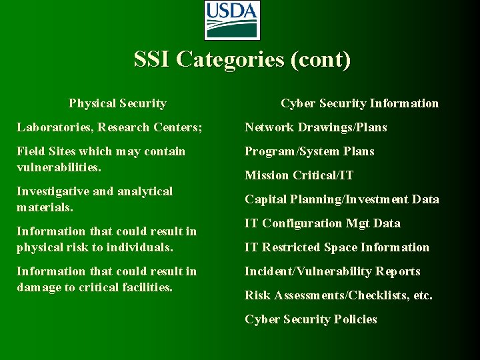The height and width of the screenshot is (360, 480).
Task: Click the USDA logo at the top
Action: tap(231, 20)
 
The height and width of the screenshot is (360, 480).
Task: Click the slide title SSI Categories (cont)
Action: tap(242, 59)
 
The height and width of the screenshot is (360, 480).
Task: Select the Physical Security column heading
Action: tap(117, 103)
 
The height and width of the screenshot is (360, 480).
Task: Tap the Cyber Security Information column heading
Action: tap(359, 103)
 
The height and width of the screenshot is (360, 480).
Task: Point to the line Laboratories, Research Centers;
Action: tap(109, 127)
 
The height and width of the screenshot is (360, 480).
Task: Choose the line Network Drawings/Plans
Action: tap(315, 127)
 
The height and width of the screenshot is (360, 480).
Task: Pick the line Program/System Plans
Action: tap(309, 151)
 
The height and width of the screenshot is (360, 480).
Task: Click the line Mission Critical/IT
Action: tap(299, 175)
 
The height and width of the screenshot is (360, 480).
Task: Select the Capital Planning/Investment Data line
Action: tap(342, 199)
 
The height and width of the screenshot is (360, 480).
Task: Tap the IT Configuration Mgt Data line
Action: tap(323, 223)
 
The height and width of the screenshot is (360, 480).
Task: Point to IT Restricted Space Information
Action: tap(337, 247)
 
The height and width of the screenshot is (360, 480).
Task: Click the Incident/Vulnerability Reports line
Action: tap(332, 271)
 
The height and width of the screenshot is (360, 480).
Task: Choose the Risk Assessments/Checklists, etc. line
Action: tap(339, 295)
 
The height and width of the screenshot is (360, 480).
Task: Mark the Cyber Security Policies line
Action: tap(311, 319)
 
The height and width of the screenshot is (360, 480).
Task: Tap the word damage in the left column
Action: tap(37, 287)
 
